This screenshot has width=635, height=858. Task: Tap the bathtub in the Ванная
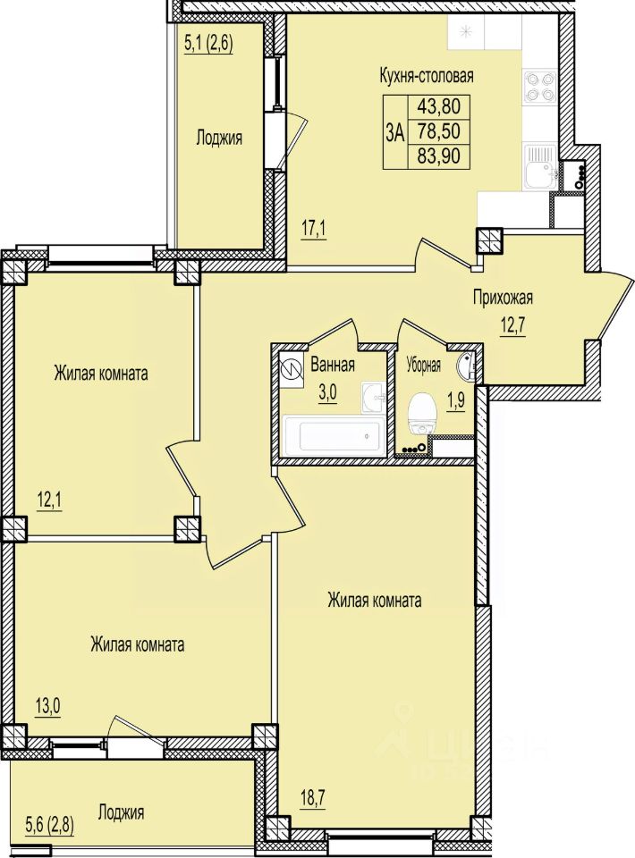(333, 436)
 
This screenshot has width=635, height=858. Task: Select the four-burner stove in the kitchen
(540, 88)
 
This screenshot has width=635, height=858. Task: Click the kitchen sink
(540, 166)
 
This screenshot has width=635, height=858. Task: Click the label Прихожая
(503, 299)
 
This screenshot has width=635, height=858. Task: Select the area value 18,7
(313, 798)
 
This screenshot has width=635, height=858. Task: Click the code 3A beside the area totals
(394, 132)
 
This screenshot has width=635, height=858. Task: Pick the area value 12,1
(48, 500)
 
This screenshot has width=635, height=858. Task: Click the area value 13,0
(48, 706)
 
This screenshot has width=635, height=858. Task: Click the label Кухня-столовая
(427, 76)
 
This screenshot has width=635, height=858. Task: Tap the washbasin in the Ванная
(374, 398)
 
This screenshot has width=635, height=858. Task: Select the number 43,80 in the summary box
(438, 105)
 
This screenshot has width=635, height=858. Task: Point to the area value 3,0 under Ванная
(328, 394)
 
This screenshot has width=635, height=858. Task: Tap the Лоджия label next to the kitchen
(219, 138)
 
